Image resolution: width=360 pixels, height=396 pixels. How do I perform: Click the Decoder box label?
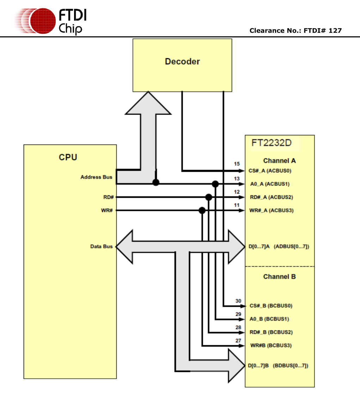[x=182, y=61]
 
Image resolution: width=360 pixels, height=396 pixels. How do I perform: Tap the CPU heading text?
[x=68, y=157]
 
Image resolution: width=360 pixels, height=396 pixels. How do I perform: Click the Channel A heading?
[x=279, y=161]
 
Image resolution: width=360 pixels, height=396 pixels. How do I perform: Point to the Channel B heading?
[x=279, y=277]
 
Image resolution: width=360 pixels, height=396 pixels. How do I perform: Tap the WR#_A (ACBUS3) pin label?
[x=271, y=211]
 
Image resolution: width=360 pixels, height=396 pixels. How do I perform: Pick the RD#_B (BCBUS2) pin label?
[x=271, y=332]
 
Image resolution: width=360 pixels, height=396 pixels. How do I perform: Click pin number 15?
[x=237, y=164]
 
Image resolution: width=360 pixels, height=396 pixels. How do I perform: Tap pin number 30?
[x=238, y=301]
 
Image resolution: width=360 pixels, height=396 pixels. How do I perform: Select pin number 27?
[x=238, y=341]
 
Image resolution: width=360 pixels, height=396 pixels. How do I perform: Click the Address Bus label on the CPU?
[x=96, y=177]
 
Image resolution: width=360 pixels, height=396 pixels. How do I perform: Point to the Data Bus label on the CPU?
[x=101, y=246]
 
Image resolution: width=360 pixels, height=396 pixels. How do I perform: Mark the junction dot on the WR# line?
[x=202, y=211]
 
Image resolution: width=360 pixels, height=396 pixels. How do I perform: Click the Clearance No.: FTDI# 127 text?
[x=295, y=31]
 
